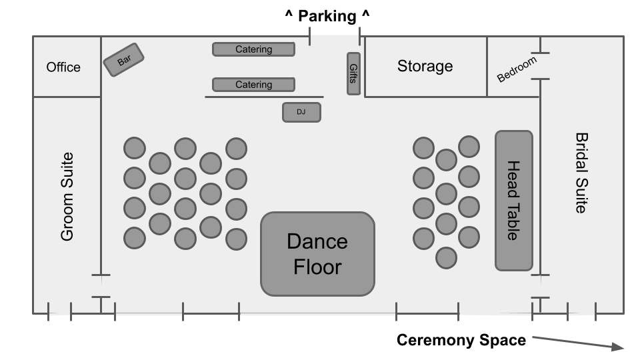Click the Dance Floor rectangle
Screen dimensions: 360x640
(x=317, y=254)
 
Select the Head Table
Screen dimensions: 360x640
(x=513, y=201)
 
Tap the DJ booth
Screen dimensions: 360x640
(x=301, y=112)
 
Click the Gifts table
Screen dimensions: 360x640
(x=353, y=73)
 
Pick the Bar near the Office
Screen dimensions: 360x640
(x=124, y=60)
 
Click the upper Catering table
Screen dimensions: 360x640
(x=253, y=49)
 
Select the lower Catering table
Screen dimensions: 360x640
(x=253, y=85)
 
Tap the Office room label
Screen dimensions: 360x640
(x=63, y=67)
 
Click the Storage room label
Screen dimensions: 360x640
(x=425, y=66)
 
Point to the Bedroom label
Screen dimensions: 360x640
(x=517, y=69)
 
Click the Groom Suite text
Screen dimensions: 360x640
(x=67, y=197)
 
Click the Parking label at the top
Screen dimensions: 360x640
(x=327, y=15)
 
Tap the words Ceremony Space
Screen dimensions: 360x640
(x=461, y=340)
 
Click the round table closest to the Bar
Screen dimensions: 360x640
(x=135, y=148)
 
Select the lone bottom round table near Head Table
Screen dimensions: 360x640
(x=446, y=257)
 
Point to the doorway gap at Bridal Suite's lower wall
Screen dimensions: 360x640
(x=540, y=286)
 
